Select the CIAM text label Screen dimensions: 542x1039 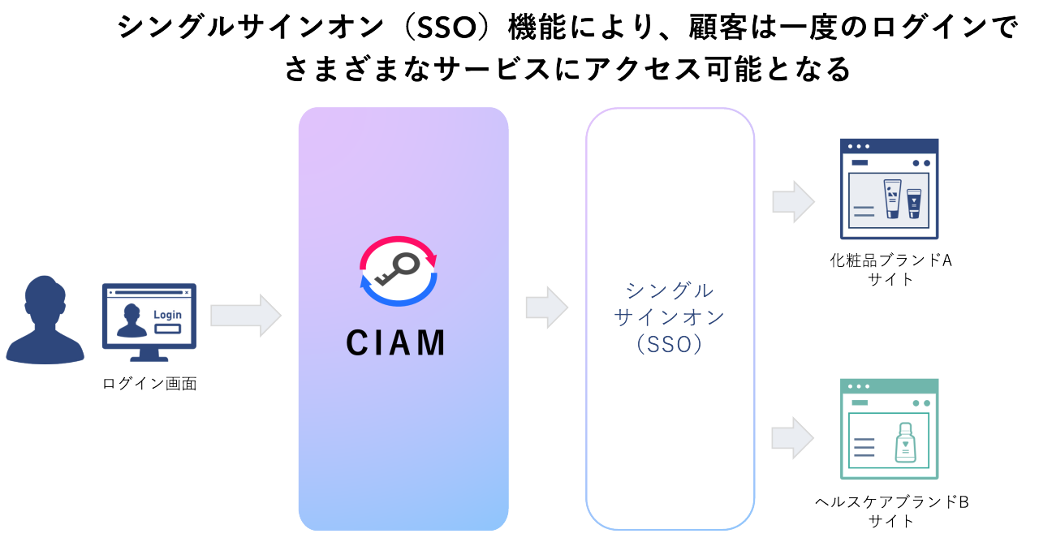[x=396, y=343]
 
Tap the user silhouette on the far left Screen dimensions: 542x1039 [x=44, y=321]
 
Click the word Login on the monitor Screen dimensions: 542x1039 [x=167, y=315]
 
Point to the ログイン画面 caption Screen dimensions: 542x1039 [x=149, y=384]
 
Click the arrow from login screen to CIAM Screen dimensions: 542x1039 [x=245, y=316]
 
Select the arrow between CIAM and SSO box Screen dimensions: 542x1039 [x=547, y=308]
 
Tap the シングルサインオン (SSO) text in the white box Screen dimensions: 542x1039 [x=670, y=316]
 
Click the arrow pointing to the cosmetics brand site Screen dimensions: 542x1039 [x=792, y=201]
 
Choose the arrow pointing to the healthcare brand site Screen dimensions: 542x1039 [x=792, y=438]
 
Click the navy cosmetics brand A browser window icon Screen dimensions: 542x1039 [x=889, y=188]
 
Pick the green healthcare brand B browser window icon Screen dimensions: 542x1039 [x=889, y=428]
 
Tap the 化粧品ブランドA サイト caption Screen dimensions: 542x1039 [x=890, y=269]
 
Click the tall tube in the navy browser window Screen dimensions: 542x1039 [x=891, y=199]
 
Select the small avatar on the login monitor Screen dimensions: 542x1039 [x=131, y=320]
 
